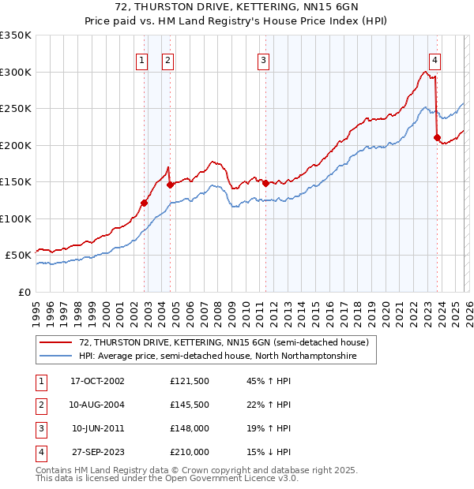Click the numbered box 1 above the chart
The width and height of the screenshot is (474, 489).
tap(141, 60)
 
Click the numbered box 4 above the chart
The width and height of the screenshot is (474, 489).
tap(435, 60)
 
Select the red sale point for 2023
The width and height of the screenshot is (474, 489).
tap(437, 138)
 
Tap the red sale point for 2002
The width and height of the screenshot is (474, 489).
tap(145, 203)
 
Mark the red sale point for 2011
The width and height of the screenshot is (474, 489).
tap(265, 183)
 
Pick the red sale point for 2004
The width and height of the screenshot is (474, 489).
tap(170, 185)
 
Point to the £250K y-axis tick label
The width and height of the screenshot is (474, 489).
tap(16, 109)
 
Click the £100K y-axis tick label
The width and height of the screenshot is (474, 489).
tap(16, 218)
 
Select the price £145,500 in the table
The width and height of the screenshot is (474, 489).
tap(189, 405)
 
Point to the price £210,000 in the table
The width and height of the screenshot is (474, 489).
tap(189, 452)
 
